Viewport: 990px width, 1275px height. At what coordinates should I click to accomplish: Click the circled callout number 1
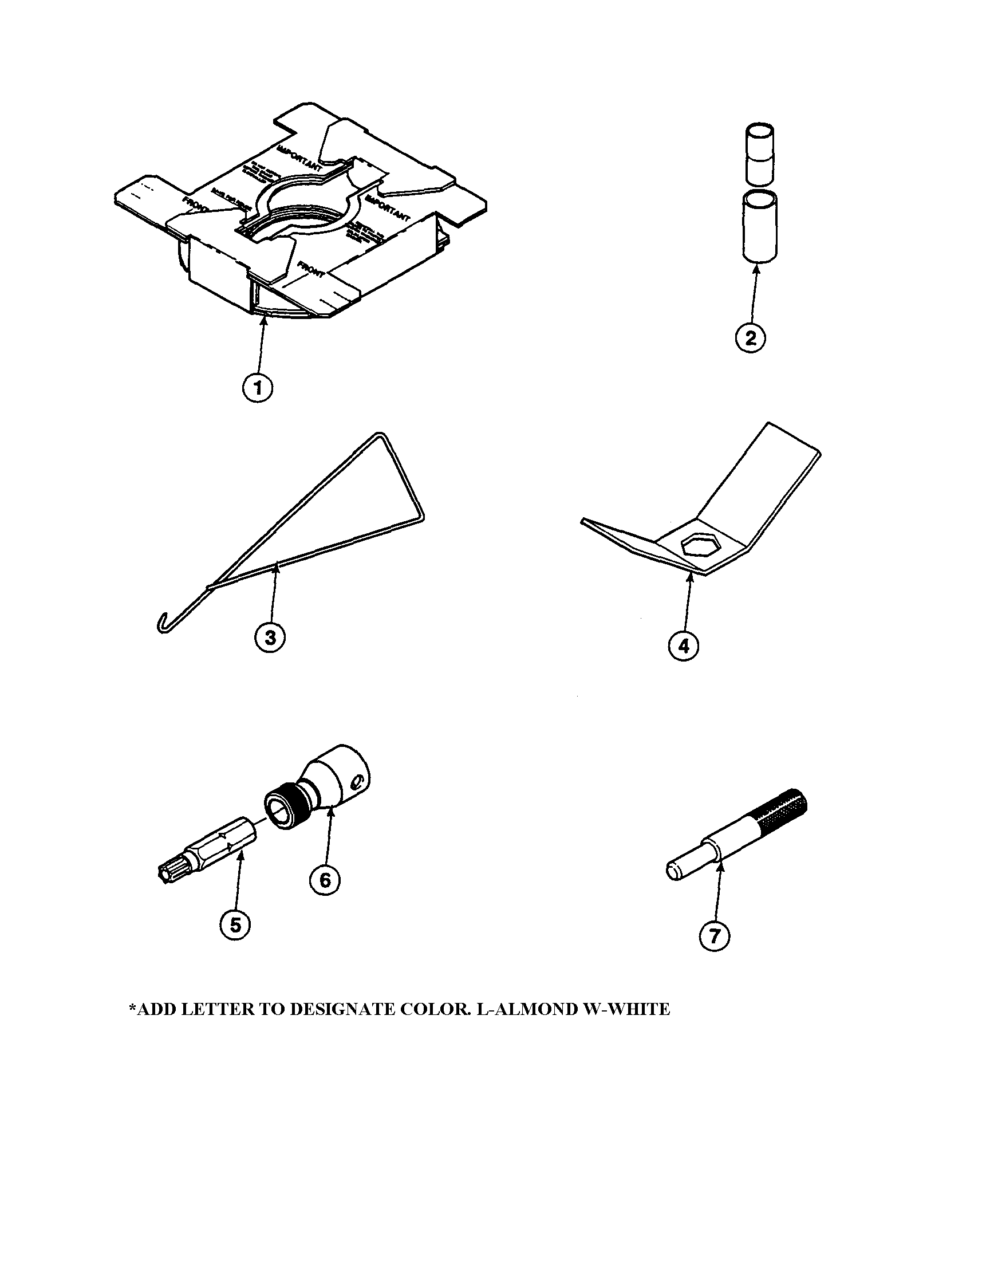point(257,388)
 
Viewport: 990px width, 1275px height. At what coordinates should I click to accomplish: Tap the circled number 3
point(270,637)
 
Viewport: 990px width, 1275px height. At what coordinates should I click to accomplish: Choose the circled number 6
point(325,879)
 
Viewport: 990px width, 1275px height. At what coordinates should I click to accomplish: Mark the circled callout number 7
point(715,936)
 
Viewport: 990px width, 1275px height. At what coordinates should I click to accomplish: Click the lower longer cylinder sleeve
point(759,228)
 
